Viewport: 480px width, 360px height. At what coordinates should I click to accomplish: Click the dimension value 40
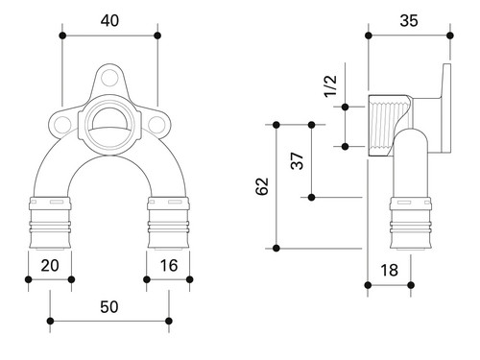pyautogui.click(x=109, y=20)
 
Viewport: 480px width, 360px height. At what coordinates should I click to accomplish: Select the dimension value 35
pyautogui.click(x=409, y=20)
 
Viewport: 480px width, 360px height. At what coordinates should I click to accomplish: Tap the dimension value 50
pyautogui.click(x=109, y=306)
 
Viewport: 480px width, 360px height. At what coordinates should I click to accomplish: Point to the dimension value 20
pyautogui.click(x=50, y=265)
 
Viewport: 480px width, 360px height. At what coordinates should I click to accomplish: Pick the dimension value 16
pyautogui.click(x=169, y=265)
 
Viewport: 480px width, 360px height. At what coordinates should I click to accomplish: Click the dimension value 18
pyautogui.click(x=389, y=270)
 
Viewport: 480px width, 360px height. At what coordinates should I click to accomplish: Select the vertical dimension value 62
pyautogui.click(x=262, y=186)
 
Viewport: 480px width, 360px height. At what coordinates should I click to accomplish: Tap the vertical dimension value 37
pyautogui.click(x=297, y=160)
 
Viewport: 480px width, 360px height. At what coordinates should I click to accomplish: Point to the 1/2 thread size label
pyautogui.click(x=330, y=85)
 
